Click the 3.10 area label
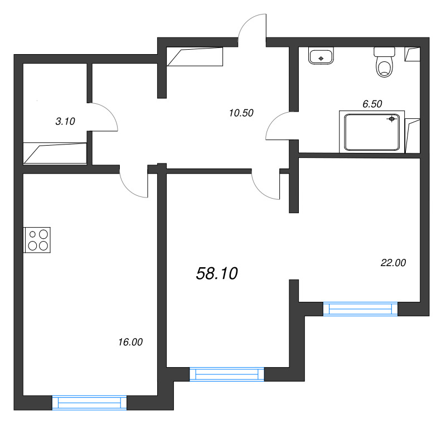(x=65, y=121)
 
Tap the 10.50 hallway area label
(x=241, y=113)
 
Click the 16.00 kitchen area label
(x=130, y=343)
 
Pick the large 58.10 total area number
(x=217, y=273)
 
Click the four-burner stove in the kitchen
(x=37, y=240)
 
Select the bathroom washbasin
(x=321, y=56)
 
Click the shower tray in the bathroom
(x=372, y=131)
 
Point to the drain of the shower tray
(x=392, y=119)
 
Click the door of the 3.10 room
(x=103, y=117)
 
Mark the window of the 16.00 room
(x=89, y=403)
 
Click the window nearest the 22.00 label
(x=360, y=309)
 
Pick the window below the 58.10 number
(x=226, y=374)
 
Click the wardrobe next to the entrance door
(x=195, y=57)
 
